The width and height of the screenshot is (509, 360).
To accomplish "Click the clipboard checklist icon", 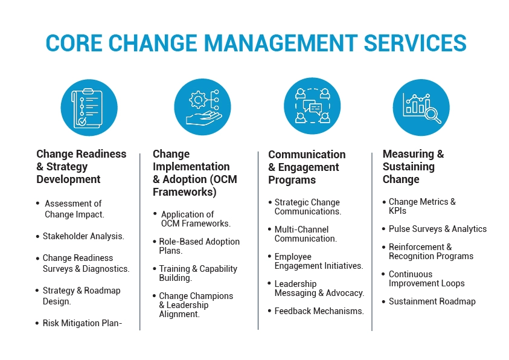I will tap(89, 108).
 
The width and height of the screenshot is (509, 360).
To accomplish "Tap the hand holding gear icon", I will tap(202, 108).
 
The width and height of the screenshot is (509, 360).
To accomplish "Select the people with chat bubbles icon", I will tap(312, 108).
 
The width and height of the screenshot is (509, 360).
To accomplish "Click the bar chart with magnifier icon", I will tap(421, 108).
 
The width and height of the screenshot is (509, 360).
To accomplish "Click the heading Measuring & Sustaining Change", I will tap(413, 167).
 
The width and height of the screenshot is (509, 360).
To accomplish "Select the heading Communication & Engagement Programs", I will tap(307, 167).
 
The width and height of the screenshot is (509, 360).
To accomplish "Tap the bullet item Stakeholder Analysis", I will tap(83, 236).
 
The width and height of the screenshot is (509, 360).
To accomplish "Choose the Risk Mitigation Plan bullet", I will tap(82, 323).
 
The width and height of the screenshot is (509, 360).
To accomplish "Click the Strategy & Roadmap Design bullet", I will tap(82, 296).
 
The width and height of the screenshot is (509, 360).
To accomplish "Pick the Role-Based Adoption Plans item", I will tap(199, 246).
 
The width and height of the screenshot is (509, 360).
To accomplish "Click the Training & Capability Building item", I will tap(198, 273).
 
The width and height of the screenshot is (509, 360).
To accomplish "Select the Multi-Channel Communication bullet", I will tap(305, 234).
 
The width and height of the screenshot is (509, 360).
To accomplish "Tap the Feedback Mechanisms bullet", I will tap(319, 311).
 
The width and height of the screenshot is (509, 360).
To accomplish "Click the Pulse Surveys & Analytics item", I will tap(437, 229).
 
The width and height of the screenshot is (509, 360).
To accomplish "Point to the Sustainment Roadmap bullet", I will tap(432, 301).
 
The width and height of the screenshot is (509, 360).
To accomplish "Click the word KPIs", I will tap(397, 211).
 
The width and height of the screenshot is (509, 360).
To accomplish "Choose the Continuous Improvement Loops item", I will tap(426, 278).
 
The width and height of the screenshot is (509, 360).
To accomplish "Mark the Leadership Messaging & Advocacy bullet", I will tap(319, 288).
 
